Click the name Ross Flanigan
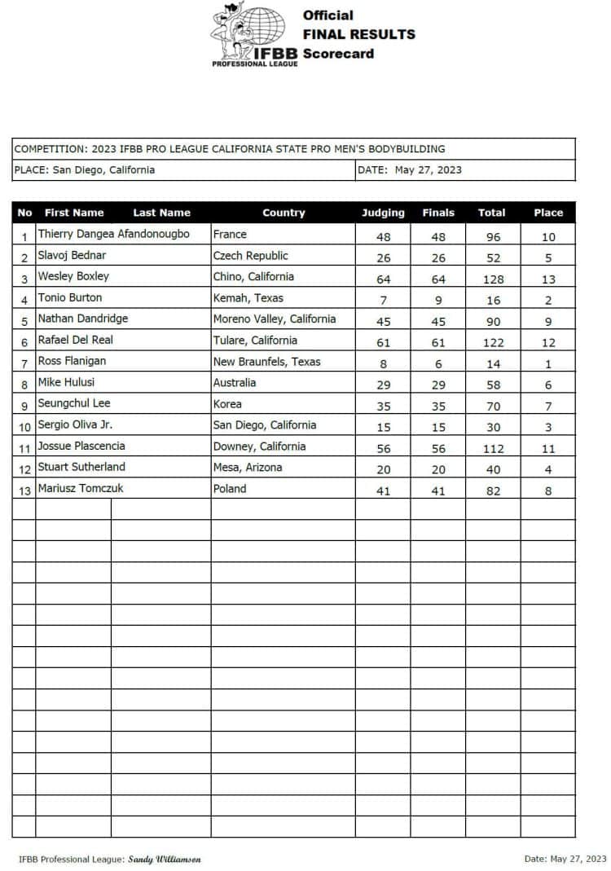click(73, 361)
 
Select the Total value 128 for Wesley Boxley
click(491, 279)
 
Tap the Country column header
click(284, 213)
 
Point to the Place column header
click(548, 213)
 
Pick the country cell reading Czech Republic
click(250, 256)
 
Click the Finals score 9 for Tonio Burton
click(438, 301)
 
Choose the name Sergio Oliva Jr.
click(75, 425)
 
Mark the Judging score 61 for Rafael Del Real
click(383, 343)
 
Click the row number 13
click(24, 490)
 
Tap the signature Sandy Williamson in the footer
click(165, 859)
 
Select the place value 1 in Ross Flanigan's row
click(548, 364)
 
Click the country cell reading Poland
click(229, 489)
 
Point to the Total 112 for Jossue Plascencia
click(491, 449)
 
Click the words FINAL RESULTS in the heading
click(358, 34)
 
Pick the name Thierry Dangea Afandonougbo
click(113, 234)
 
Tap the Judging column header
click(383, 213)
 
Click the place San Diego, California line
click(85, 170)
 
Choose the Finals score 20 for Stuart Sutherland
click(438, 470)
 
